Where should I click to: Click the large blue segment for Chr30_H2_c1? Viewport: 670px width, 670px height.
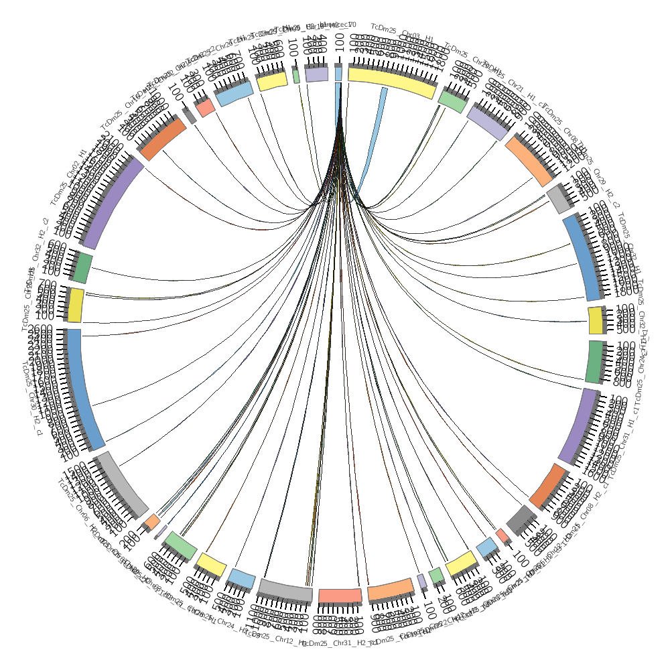pos(83,389)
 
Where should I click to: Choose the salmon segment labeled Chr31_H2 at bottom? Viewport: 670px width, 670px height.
pos(340,595)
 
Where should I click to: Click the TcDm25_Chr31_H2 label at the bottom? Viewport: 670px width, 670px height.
pos(335,644)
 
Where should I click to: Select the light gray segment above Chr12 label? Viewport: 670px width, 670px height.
pos(285,589)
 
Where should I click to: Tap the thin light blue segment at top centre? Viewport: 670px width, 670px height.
pos(338,74)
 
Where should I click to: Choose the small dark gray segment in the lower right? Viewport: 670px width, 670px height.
pos(521,518)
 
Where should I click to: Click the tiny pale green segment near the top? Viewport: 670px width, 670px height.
pos(296,76)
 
